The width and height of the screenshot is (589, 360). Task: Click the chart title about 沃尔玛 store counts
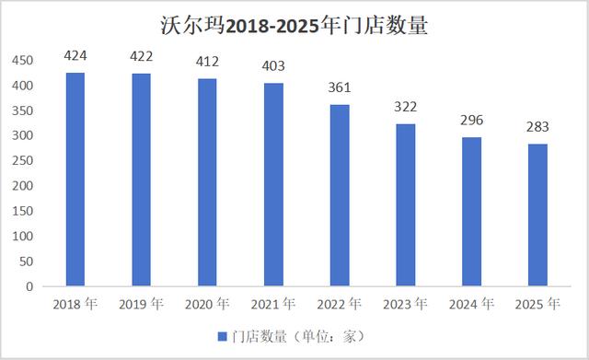[294, 25]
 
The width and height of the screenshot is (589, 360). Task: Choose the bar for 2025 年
[537, 215]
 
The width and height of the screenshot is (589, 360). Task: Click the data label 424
[75, 56]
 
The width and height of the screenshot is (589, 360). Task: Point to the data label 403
[274, 66]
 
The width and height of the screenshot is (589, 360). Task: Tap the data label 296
[472, 121]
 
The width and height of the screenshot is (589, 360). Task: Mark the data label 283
[537, 127]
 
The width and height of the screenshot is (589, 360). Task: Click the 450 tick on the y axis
[22, 61]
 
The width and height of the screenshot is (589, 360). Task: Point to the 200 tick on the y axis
[22, 186]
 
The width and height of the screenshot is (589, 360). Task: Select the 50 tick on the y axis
[26, 261]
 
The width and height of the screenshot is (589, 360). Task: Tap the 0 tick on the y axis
[29, 286]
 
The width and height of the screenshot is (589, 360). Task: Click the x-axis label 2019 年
[142, 304]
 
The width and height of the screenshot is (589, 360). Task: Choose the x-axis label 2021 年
[274, 304]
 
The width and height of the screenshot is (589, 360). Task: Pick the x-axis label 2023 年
[406, 304]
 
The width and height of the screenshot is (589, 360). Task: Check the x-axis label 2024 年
[472, 304]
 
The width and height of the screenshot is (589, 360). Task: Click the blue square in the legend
[222, 336]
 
